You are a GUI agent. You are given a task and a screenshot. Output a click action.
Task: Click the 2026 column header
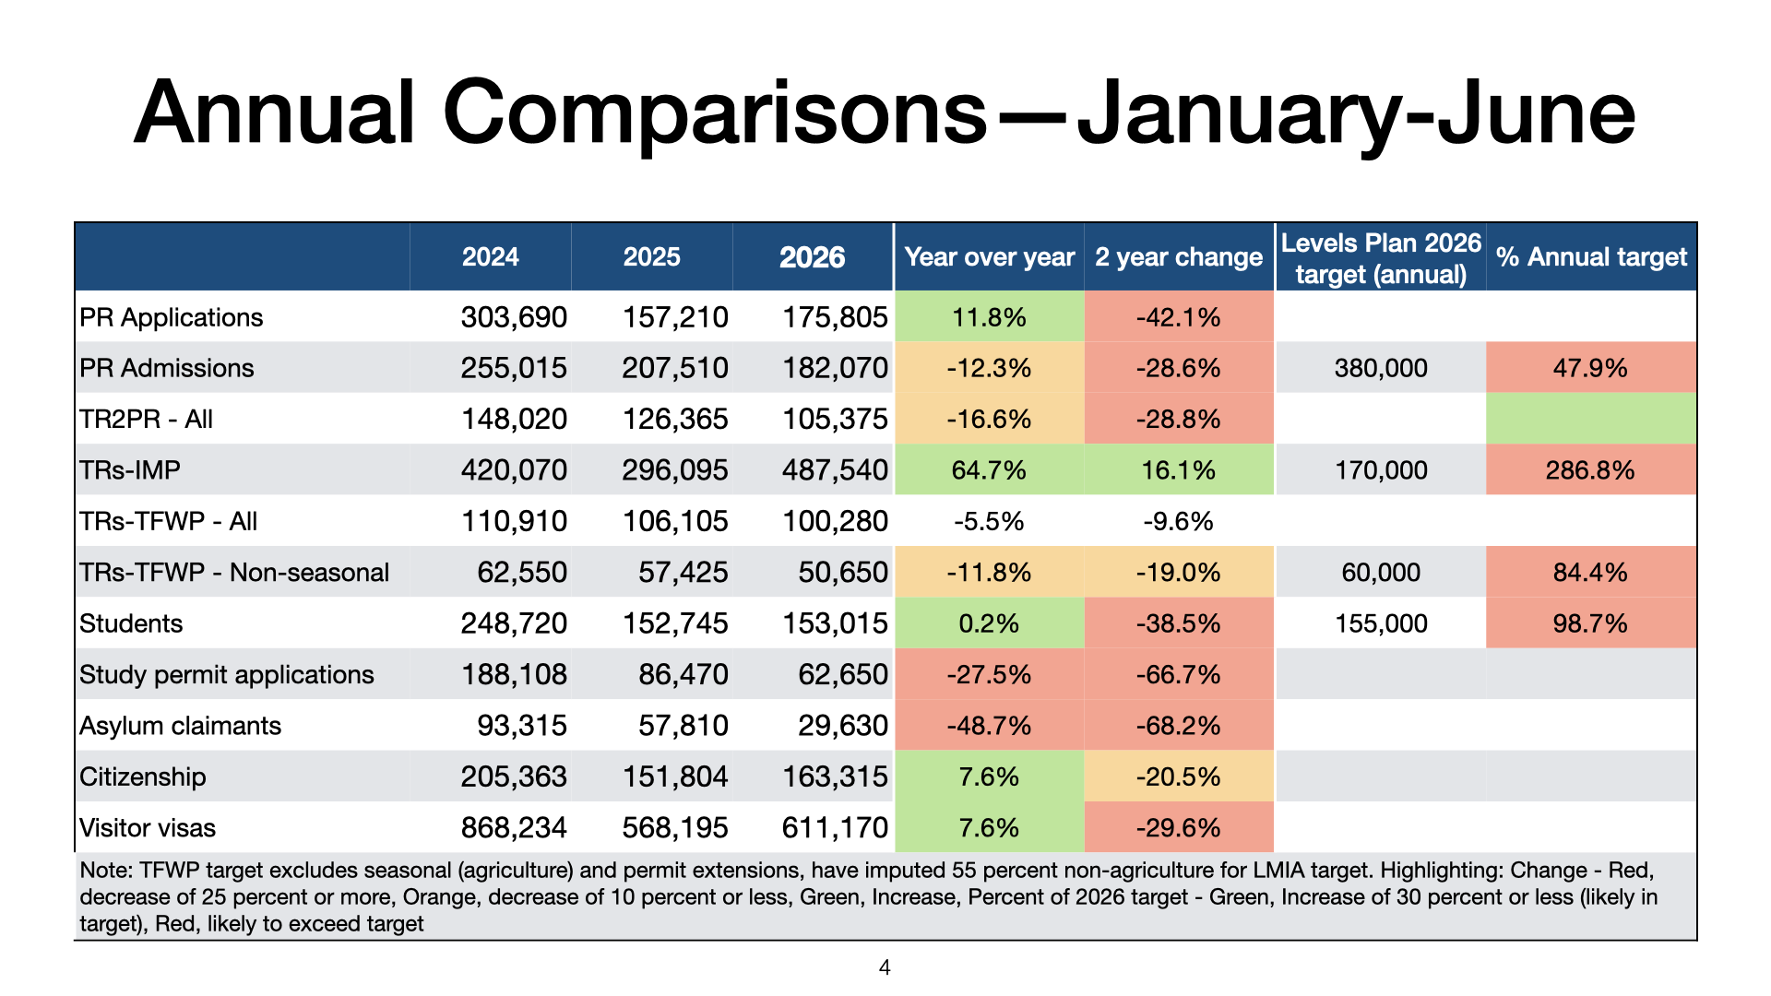click(x=812, y=256)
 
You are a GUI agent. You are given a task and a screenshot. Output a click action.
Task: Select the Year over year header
click(x=990, y=256)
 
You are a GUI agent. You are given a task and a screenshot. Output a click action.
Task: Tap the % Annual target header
click(x=1591, y=256)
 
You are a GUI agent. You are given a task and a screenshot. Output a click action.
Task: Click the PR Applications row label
click(x=172, y=317)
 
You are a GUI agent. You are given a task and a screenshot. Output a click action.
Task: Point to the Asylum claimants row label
click(x=180, y=726)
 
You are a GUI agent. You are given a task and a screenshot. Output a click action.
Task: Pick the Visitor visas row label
click(x=148, y=827)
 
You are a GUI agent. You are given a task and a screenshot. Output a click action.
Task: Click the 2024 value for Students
click(x=514, y=623)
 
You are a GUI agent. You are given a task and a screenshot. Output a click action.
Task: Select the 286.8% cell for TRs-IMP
click(x=1590, y=470)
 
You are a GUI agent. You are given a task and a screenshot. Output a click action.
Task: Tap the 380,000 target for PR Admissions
click(x=1381, y=368)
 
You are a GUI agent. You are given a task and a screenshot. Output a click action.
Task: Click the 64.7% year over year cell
click(x=989, y=470)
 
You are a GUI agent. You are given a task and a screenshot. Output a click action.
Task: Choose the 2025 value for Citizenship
click(x=675, y=777)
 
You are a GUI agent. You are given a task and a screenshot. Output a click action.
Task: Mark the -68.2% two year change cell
click(x=1178, y=726)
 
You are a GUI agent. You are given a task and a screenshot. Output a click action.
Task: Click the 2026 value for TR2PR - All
click(x=835, y=419)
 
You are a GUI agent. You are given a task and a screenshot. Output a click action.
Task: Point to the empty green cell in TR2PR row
click(x=1591, y=419)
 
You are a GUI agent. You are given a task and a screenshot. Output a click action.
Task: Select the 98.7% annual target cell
click(x=1590, y=623)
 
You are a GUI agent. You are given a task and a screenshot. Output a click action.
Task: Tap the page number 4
click(x=885, y=967)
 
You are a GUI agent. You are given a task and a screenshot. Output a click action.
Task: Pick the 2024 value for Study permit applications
click(x=514, y=674)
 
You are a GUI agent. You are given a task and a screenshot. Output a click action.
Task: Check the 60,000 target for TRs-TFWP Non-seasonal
click(x=1381, y=573)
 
